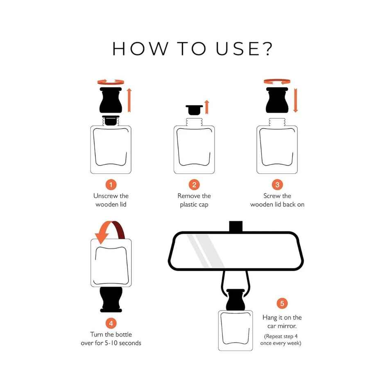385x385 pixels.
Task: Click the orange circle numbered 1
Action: tap(111, 184)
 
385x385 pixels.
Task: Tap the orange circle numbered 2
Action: tap(194, 184)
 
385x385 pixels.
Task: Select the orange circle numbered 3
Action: tap(277, 184)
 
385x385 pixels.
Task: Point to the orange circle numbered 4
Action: tap(111, 323)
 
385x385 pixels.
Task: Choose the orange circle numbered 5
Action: tap(282, 303)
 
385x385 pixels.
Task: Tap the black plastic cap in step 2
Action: tap(194, 110)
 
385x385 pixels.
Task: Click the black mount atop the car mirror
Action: tap(236, 226)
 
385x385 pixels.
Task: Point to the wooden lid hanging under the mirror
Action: tap(236, 300)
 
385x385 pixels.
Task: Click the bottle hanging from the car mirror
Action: tap(236, 331)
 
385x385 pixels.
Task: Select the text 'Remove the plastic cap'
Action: tap(194, 200)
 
